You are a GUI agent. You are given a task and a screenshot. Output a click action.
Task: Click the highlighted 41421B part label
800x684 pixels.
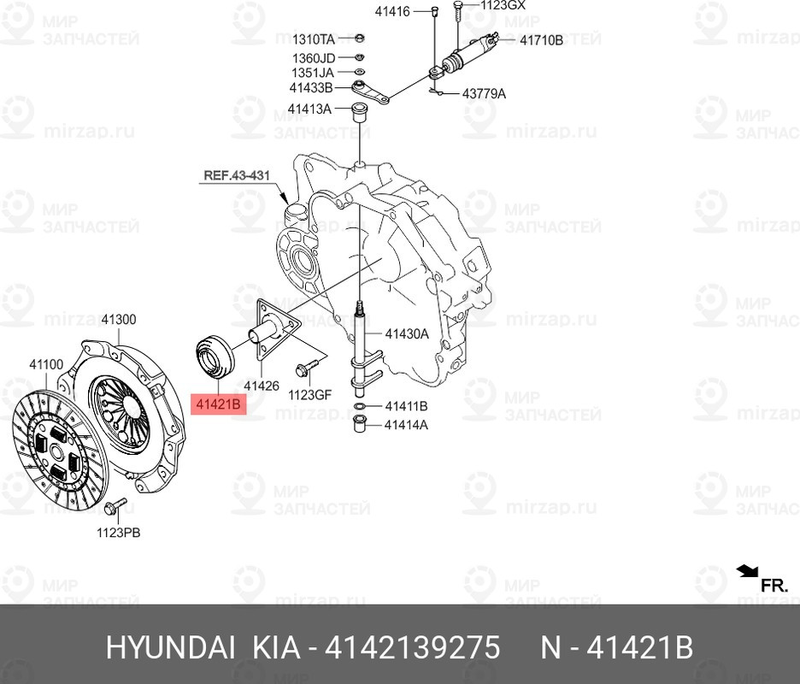point(218,404)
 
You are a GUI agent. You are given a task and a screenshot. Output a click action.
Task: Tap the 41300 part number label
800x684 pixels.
point(118,320)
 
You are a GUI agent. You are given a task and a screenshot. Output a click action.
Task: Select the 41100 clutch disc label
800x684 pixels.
point(46,364)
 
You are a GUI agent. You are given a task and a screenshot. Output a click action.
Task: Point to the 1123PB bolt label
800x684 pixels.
point(118,533)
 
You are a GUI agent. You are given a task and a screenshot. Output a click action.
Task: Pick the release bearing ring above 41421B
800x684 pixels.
point(215,357)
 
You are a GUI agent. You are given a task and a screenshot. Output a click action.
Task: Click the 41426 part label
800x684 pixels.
point(262,386)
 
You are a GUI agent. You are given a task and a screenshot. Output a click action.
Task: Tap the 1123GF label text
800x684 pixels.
point(309,394)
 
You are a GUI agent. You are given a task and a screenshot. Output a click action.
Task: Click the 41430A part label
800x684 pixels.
point(407,334)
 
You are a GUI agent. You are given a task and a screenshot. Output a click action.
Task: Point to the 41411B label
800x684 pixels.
point(406,406)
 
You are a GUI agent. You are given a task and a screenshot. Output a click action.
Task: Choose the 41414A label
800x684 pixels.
point(406,425)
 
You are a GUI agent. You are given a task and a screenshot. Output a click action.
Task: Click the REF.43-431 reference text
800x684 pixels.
point(237,175)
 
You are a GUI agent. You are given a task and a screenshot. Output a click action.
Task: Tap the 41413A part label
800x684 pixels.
point(309,109)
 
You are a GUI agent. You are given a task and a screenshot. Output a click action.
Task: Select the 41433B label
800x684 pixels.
point(311,88)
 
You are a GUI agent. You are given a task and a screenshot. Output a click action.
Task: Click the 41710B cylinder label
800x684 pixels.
point(541,40)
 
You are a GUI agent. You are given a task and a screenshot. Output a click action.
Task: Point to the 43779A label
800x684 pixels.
point(484,94)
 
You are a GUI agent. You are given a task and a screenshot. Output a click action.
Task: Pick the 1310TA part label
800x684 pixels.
point(314,39)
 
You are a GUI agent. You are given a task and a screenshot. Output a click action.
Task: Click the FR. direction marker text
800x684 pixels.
point(774,586)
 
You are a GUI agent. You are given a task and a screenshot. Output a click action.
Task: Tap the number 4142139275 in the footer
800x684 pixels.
point(412,648)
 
